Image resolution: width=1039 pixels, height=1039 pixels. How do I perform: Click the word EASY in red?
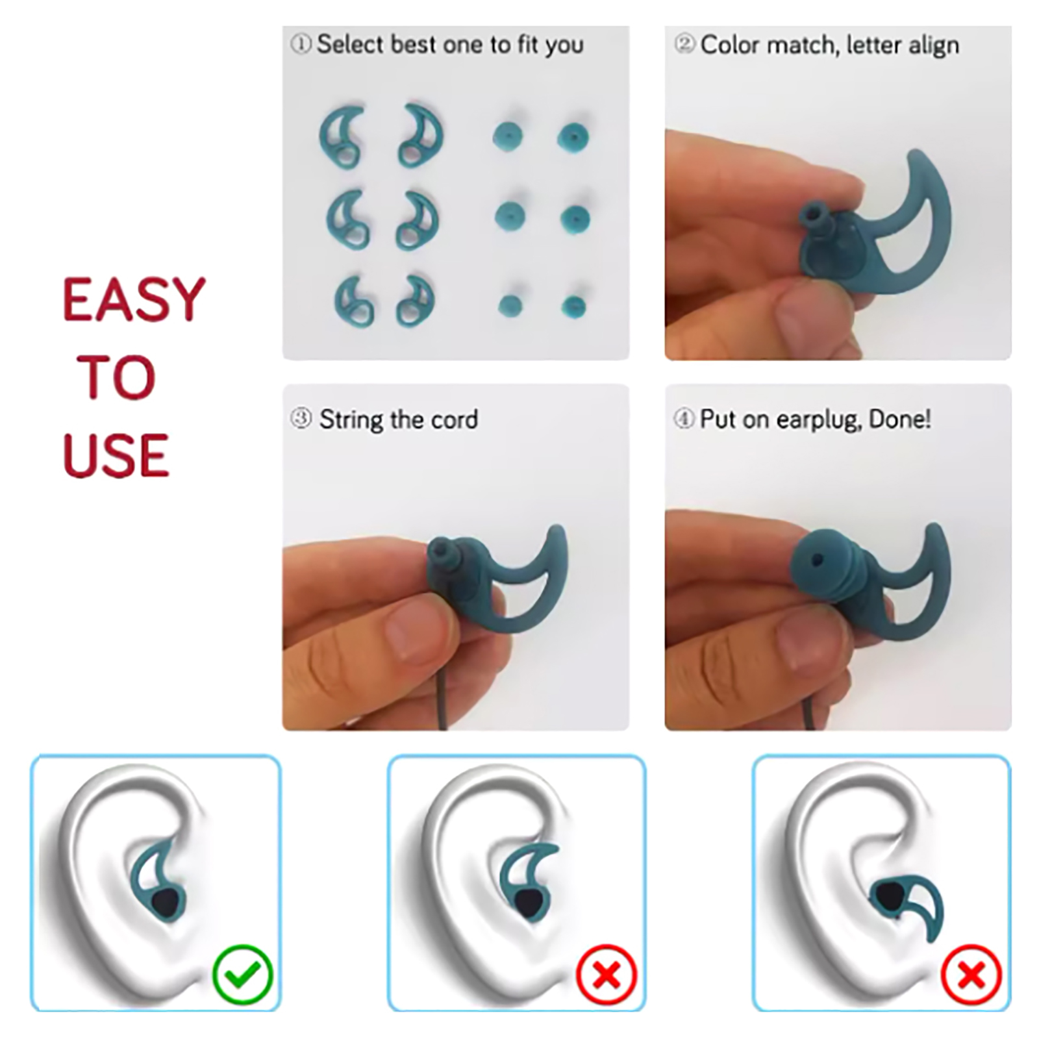click(134, 299)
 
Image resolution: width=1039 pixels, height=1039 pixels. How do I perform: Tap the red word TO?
click(117, 377)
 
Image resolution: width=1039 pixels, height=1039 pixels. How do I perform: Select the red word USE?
click(116, 455)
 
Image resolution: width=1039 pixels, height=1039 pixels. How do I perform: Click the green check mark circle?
click(243, 975)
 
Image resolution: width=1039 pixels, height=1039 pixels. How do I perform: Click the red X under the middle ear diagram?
click(607, 975)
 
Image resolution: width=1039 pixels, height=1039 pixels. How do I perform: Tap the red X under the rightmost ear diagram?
click(971, 975)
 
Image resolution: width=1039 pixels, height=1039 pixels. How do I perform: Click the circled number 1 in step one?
click(301, 45)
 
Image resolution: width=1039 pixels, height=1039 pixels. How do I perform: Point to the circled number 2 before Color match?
click(685, 44)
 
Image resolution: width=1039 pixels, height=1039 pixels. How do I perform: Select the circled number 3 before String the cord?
click(301, 419)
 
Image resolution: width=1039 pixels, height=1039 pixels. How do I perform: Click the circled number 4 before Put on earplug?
click(683, 419)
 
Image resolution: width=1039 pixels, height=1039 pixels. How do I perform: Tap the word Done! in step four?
click(900, 419)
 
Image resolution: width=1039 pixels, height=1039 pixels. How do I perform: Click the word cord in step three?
click(455, 419)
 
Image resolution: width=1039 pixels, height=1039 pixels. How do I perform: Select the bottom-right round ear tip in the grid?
click(573, 307)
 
